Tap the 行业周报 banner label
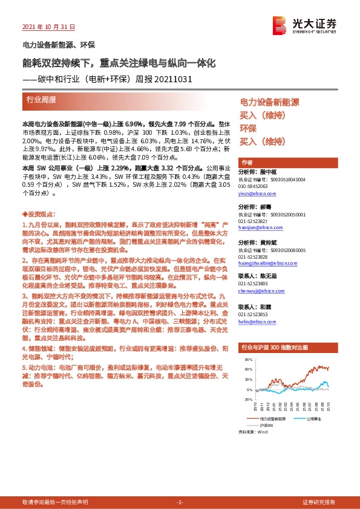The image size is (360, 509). pos(41,99)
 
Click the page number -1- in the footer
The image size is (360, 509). pos(179,502)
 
